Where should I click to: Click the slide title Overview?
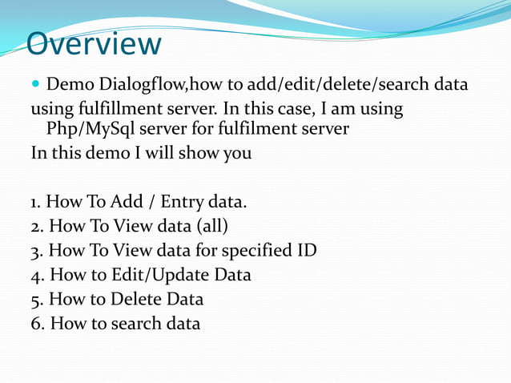[94, 44]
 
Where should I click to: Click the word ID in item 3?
[305, 251]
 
